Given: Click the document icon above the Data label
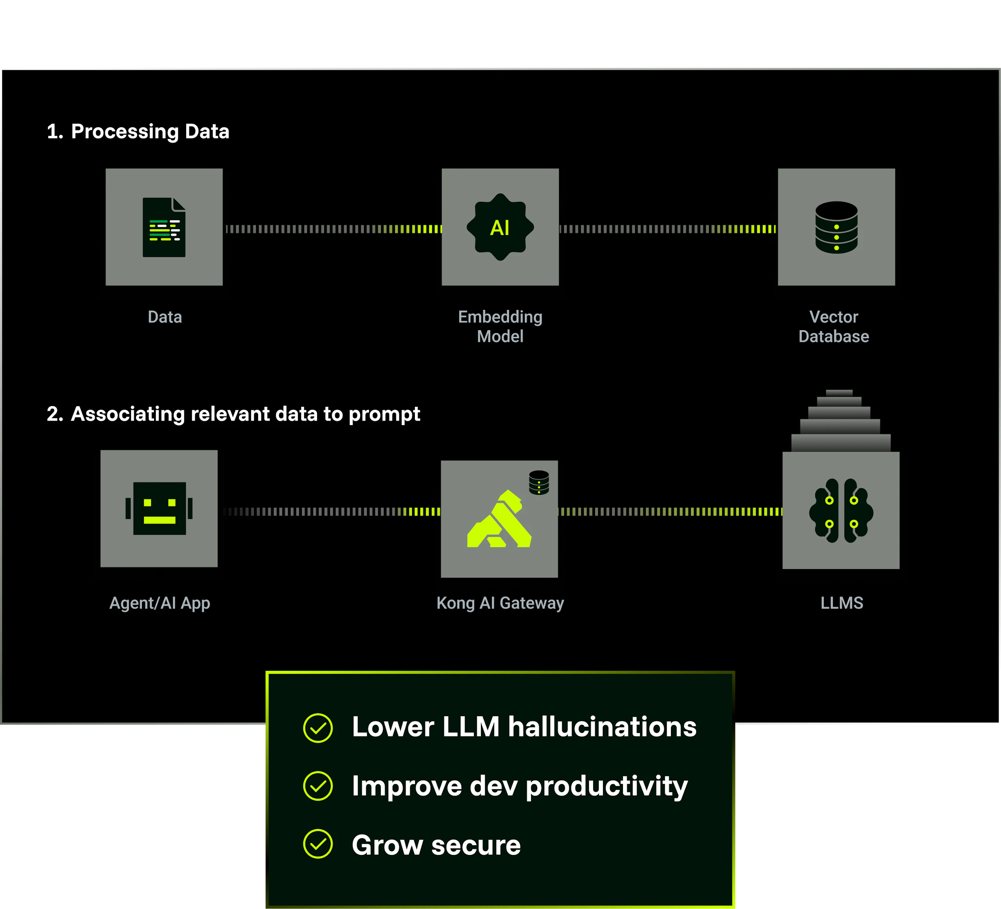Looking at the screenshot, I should click(164, 228).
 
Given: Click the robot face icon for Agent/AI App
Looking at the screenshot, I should click(159, 508).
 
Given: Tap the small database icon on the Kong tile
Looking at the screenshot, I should click(539, 482).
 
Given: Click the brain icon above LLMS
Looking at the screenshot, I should click(841, 511).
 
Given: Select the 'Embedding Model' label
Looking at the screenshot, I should click(500, 326).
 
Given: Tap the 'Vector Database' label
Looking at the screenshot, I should click(834, 326).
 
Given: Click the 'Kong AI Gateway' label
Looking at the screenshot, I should click(500, 602).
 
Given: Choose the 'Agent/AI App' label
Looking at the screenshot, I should click(160, 602).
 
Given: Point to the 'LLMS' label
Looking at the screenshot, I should click(841, 602).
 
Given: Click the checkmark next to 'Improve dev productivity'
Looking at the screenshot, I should click(318, 786).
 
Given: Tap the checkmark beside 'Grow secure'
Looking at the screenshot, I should click(318, 844).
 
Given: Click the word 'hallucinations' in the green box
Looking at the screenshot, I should click(602, 727).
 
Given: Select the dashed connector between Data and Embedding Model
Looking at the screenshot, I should click(333, 229).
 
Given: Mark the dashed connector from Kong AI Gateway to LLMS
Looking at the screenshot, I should click(670, 512).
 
